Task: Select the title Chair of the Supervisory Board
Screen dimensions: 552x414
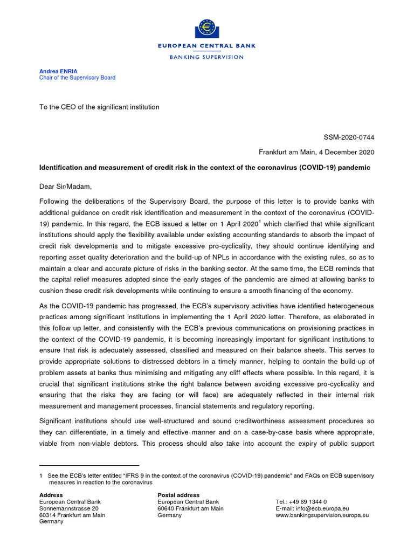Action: pyautogui.click(x=77, y=78)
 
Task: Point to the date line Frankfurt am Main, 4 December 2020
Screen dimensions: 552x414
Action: pyautogui.click(x=316, y=153)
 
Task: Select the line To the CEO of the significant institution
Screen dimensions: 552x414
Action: pyautogui.click(x=99, y=107)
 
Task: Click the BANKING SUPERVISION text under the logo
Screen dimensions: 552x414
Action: pyautogui.click(x=206, y=57)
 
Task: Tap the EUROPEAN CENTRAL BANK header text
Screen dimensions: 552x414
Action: pyautogui.click(x=206, y=46)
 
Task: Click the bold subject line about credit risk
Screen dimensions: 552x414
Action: pyautogui.click(x=205, y=168)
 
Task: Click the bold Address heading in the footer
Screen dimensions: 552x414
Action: pyautogui.click(x=51, y=495)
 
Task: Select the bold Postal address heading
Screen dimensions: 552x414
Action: pyautogui.click(x=178, y=495)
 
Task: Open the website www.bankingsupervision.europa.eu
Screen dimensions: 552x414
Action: pyautogui.click(x=322, y=515)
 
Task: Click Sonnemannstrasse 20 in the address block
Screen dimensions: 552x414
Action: pyautogui.click(x=69, y=508)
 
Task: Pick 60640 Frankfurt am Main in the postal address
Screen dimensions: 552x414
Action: pyautogui.click(x=190, y=508)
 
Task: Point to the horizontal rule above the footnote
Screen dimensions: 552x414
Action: pyautogui.click(x=89, y=465)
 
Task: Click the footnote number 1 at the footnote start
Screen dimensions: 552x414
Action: pyautogui.click(x=41, y=475)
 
